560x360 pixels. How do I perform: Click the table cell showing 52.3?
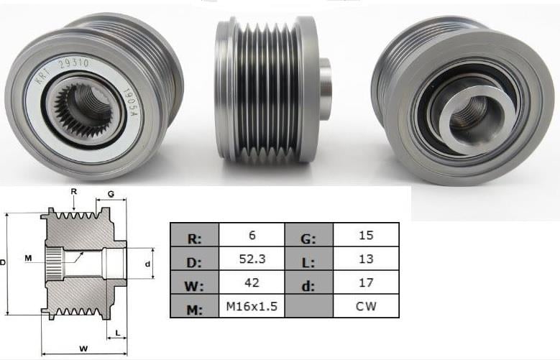point(251,259)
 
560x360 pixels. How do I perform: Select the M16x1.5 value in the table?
point(251,308)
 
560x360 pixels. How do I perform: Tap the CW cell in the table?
point(366,308)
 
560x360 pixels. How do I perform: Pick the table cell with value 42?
point(251,283)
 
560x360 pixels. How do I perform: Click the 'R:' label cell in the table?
point(194,234)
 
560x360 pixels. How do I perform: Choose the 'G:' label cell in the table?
point(310,234)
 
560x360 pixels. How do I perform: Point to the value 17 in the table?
point(366,283)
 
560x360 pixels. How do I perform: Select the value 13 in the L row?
point(366,259)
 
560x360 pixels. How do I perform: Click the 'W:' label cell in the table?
point(194,283)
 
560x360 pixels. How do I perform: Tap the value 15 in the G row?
point(366,234)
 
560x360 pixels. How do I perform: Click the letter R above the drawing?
point(74,191)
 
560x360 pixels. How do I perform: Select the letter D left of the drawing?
point(4,264)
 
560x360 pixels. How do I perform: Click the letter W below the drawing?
point(83,349)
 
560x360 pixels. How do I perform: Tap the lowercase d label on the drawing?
point(147,264)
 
